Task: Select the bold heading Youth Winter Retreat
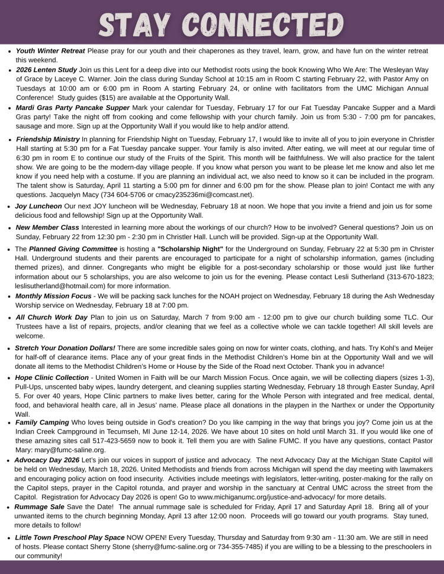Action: pyautogui.click(x=50, y=51)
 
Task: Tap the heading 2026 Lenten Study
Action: pyautogui.click(x=46, y=70)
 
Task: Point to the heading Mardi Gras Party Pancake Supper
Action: pyautogui.click(x=73, y=108)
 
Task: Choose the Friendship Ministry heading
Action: pyautogui.click(x=48, y=138)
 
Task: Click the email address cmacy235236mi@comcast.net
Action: pyautogui.click(x=201, y=195)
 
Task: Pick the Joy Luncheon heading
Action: pyautogui.click(x=38, y=207)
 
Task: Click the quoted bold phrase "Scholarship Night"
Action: pyautogui.click(x=190, y=249)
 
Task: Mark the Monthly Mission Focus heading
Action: pyautogui.click(x=53, y=296)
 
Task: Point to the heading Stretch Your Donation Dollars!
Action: pyautogui.click(x=65, y=348)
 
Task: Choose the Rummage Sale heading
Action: pyautogui.click(x=41, y=507)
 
